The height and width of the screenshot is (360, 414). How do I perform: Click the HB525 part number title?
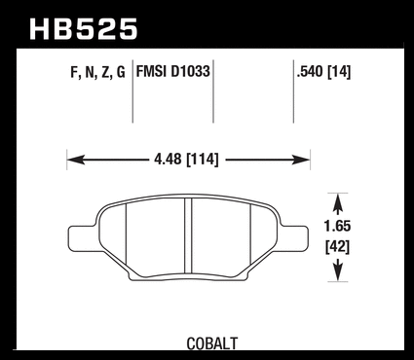(x=84, y=29)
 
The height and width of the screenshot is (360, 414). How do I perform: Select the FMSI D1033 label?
(x=173, y=71)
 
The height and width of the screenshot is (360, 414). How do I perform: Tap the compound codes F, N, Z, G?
(x=97, y=72)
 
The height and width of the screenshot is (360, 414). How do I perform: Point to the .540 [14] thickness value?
(x=323, y=72)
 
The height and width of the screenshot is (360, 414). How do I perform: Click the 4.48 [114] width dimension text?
(x=187, y=160)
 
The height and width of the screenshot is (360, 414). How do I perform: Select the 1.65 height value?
(x=338, y=226)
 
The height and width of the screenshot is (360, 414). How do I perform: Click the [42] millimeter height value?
(x=338, y=248)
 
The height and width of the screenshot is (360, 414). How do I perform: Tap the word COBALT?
(x=212, y=343)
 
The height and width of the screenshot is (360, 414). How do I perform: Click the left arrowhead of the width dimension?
(x=76, y=160)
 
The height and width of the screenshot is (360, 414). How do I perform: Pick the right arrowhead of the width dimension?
(x=301, y=160)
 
